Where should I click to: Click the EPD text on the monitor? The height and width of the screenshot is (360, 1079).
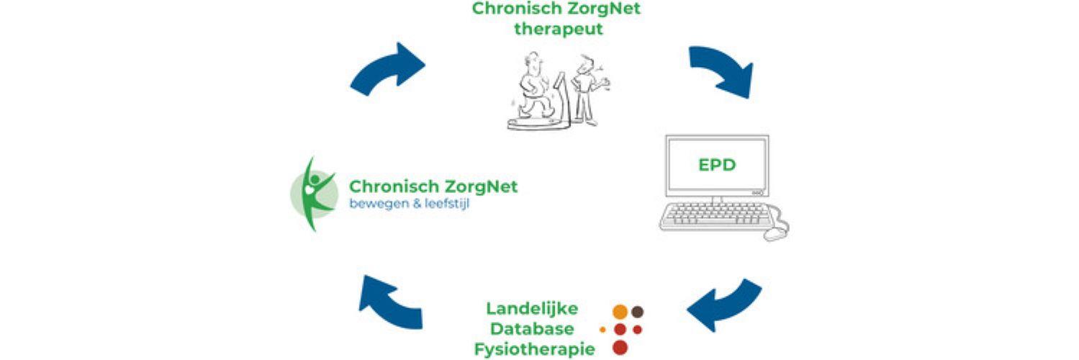pyautogui.click(x=718, y=164)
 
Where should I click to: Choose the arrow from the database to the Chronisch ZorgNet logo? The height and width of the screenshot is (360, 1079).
pyautogui.click(x=389, y=300)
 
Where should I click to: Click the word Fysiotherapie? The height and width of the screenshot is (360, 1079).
pyautogui.click(x=534, y=349)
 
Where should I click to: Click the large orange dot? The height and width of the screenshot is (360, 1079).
pyautogui.click(x=619, y=312)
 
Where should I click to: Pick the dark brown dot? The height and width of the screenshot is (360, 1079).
pyautogui.click(x=637, y=312)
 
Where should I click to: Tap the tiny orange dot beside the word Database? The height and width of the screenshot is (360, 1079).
pyautogui.click(x=602, y=330)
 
